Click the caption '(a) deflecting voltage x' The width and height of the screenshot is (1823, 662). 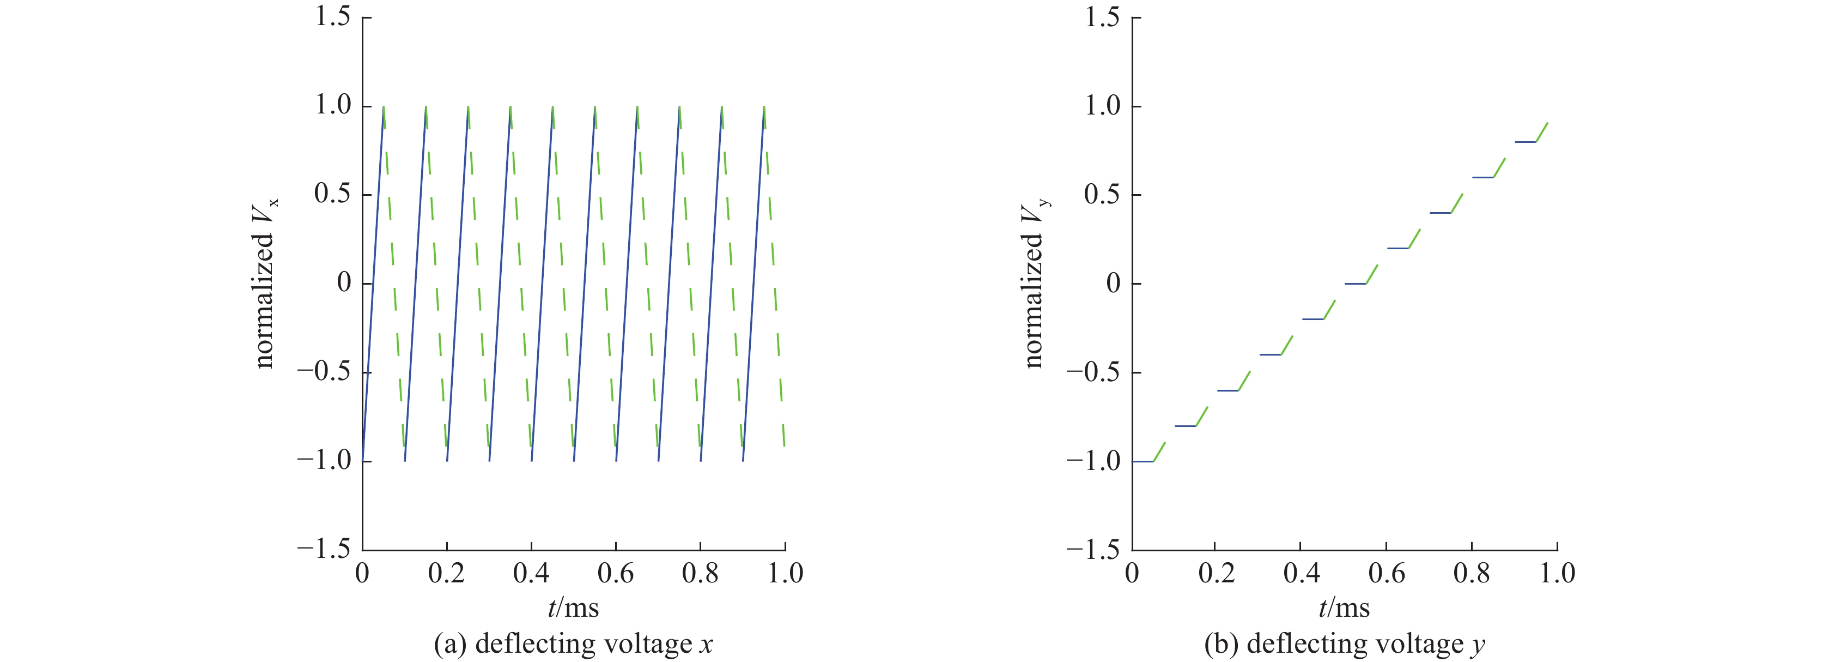coord(573,643)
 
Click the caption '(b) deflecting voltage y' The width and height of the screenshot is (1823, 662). coord(1344,643)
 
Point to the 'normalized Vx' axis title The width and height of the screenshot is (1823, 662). coord(265,283)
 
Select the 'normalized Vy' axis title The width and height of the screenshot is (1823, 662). coord(1035,283)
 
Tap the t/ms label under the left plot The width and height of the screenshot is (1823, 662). coord(573,607)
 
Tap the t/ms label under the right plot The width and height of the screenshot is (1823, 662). coord(1344,607)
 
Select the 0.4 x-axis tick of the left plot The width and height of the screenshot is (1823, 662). coord(531,573)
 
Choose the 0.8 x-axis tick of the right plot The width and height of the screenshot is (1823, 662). coord(1471,573)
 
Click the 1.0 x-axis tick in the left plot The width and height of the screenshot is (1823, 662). coord(785,573)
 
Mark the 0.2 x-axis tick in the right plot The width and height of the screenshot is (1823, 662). coord(1217,573)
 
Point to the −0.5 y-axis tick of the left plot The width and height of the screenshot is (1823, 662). coord(324,372)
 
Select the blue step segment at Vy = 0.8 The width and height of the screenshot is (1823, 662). coord(1525,142)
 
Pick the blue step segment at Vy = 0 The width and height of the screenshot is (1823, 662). coord(1355,283)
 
